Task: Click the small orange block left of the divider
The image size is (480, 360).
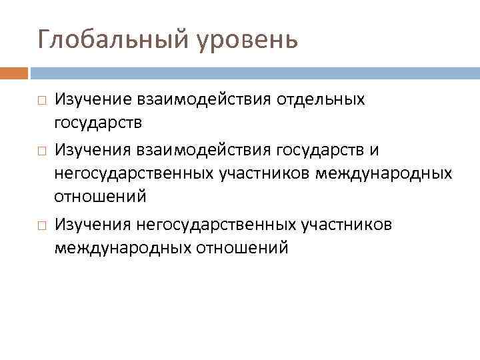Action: point(14,73)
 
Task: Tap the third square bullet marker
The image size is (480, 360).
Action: point(41,225)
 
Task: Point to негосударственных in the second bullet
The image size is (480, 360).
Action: point(133,175)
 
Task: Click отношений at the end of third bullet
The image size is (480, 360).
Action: point(241,249)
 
